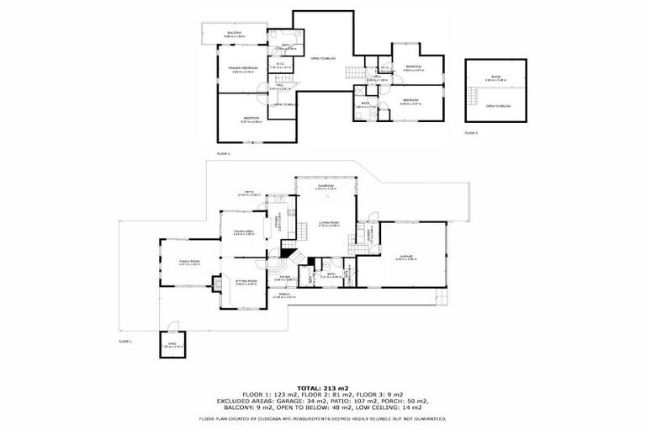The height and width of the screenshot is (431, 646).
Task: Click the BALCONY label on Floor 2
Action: point(234,33)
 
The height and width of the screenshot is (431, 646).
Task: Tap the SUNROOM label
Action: point(326,186)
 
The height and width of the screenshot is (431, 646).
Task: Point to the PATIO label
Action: point(250,193)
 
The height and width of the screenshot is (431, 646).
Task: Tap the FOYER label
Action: point(286,276)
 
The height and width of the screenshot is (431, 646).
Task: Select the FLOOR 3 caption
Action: point(471,133)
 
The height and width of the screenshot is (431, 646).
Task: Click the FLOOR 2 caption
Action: point(224,154)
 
